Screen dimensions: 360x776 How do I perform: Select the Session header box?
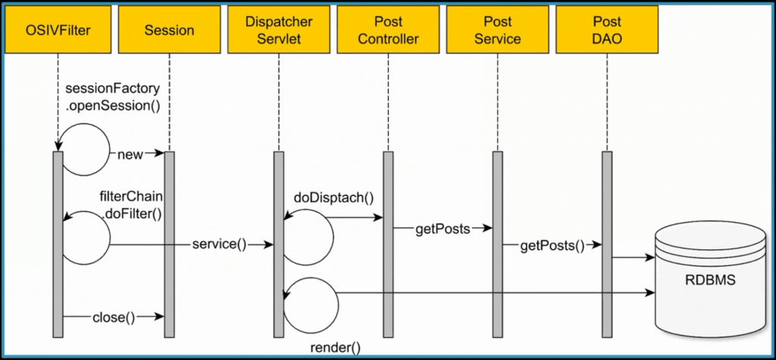pos(168,30)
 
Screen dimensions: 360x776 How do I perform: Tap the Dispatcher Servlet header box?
pos(278,30)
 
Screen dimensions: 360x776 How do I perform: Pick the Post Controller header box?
pos(387,30)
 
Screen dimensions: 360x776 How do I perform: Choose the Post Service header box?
pos(496,30)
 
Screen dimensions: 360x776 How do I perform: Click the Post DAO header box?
pos(605,30)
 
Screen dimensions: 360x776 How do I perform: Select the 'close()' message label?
pos(114,317)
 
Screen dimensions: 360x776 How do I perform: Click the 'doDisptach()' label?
pos(334,198)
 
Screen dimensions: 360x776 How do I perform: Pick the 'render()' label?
pos(334,348)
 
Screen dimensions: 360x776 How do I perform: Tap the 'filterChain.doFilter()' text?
pos(131,205)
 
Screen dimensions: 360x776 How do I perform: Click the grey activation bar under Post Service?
pos(498,243)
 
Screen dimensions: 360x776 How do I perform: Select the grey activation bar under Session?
pos(169,243)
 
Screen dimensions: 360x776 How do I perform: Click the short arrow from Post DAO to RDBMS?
pos(633,258)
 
